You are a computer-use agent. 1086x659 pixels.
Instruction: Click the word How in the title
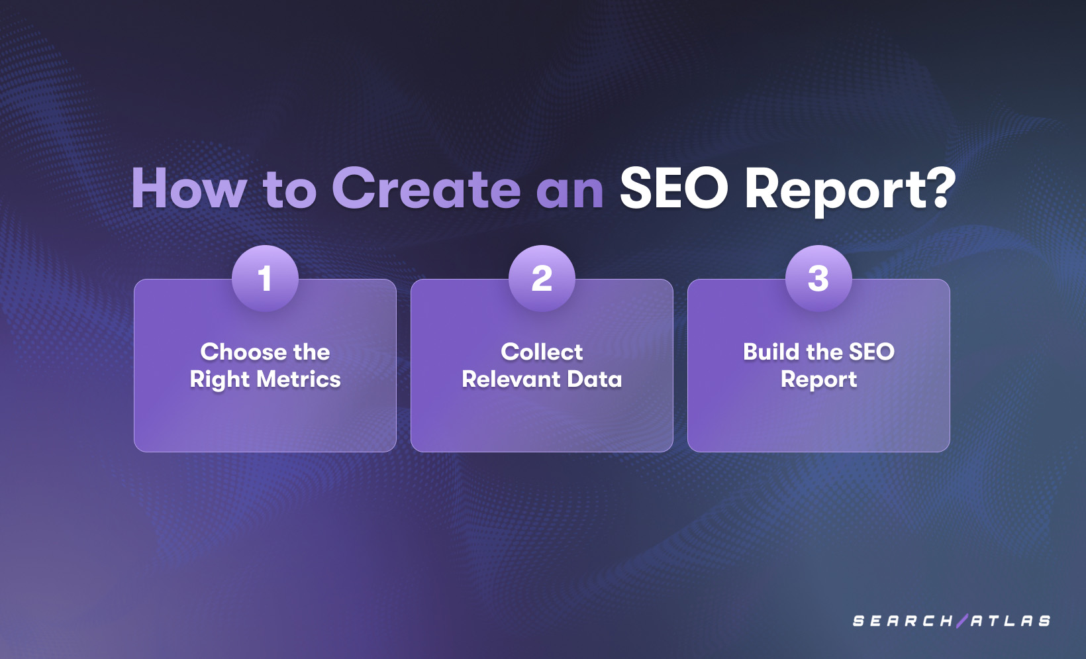189,189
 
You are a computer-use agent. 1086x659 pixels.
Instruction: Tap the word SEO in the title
673,189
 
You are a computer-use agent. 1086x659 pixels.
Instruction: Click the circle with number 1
265,278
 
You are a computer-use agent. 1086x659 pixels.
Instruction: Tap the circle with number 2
542,278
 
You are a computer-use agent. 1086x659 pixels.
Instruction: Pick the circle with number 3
818,278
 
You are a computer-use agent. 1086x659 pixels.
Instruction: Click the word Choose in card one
243,352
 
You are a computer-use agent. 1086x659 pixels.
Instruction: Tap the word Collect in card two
542,352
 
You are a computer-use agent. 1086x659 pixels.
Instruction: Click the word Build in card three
771,352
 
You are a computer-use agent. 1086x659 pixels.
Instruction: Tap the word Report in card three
818,380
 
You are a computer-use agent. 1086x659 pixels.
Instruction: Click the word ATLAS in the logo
1011,621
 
